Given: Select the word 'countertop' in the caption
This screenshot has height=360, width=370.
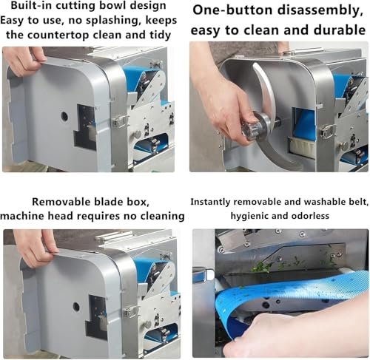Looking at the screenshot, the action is pos(58,35).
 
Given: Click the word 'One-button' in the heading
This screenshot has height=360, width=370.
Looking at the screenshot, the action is pos(232,10).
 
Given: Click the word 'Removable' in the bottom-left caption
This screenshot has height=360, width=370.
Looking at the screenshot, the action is pos(61,202).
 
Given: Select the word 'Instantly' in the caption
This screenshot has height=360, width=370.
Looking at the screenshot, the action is pos(211,202).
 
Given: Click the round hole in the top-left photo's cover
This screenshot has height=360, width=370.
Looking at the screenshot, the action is pos(64,116).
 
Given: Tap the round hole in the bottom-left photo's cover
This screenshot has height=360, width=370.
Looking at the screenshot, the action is pos(76,307).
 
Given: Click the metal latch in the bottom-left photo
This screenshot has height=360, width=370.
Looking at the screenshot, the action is pos(130,313).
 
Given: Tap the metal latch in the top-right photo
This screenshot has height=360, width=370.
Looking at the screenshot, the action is pos(327,131).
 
